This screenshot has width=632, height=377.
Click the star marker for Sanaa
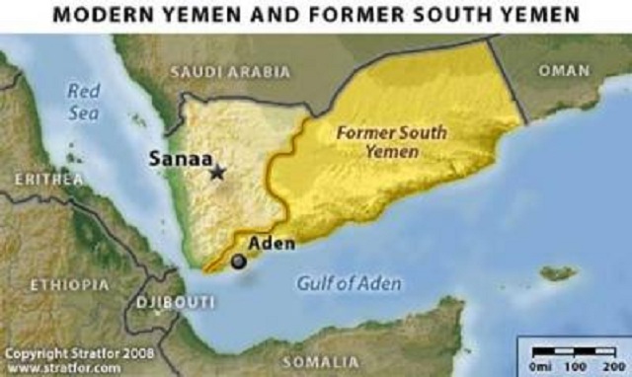pyautogui.click(x=217, y=173)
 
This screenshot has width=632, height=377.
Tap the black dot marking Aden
pyautogui.click(x=238, y=262)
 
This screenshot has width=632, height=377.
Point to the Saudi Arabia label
pyautogui.click(x=230, y=72)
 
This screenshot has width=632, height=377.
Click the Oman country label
pyautogui.click(x=564, y=71)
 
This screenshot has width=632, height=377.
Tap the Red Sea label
pyautogui.click(x=85, y=100)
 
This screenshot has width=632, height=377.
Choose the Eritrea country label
pyautogui.click(x=48, y=179)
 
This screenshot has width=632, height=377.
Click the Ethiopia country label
pyautogui.click(x=68, y=284)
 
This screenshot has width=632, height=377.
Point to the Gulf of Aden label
pyautogui.click(x=349, y=284)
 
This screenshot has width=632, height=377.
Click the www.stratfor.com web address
pyautogui.click(x=63, y=366)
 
